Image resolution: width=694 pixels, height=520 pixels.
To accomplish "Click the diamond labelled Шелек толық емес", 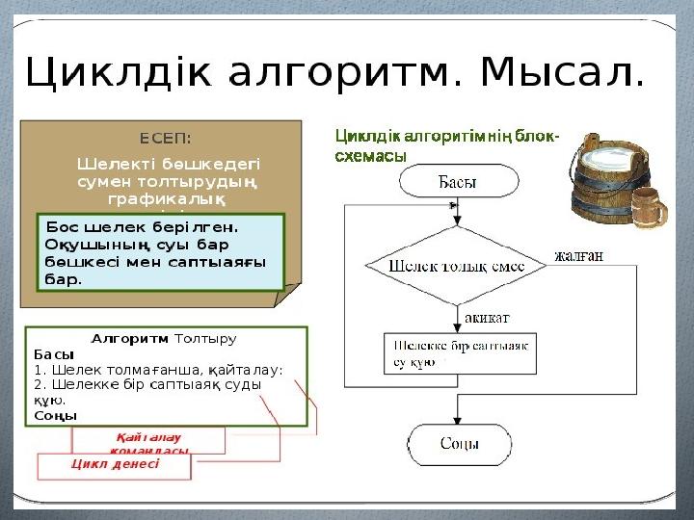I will (x=458, y=265).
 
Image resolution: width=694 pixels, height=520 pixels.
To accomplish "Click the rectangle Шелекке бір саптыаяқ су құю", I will (x=460, y=353).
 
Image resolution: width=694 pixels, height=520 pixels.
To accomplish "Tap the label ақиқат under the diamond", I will (x=488, y=317).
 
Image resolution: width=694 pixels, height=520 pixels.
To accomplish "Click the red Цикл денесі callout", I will (x=115, y=463).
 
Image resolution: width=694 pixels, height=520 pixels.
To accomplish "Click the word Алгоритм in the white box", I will (x=129, y=339).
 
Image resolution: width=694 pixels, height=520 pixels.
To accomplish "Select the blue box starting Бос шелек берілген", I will (x=160, y=251).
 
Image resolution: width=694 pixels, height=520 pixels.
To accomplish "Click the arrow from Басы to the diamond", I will (x=457, y=212).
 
